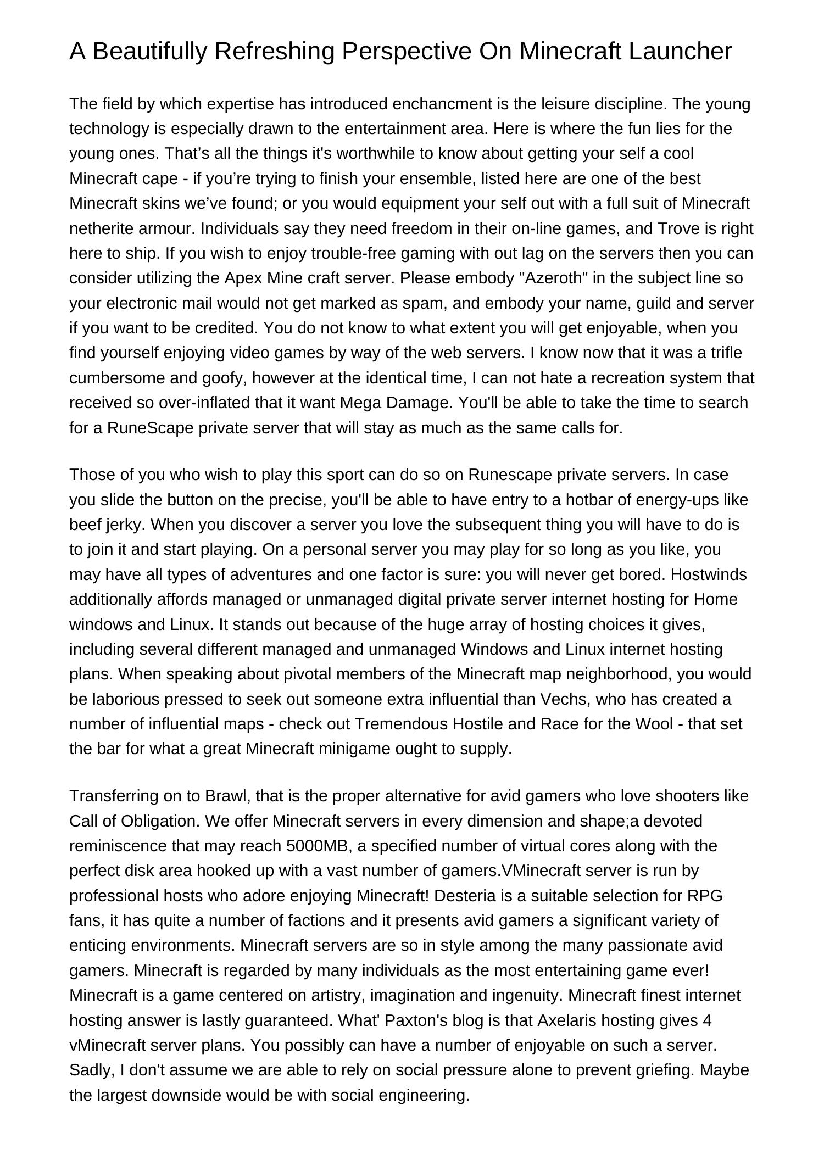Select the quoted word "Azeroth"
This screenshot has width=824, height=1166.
point(553,278)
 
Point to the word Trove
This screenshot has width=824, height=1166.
point(678,228)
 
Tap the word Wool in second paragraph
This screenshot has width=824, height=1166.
point(654,724)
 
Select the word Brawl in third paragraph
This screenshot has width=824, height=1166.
point(227,796)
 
